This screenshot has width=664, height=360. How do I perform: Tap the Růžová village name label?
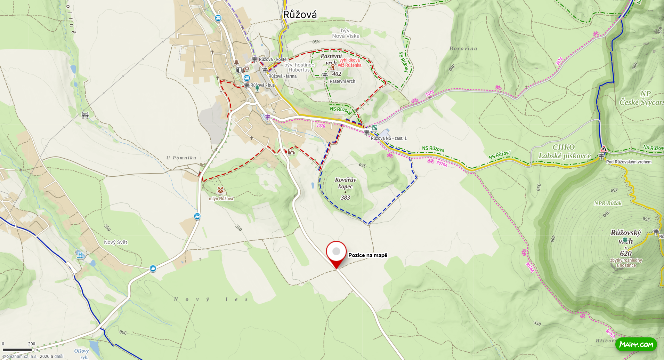point(300,15)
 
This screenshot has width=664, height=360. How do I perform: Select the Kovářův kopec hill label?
point(345,183)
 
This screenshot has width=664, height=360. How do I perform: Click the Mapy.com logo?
point(636,344)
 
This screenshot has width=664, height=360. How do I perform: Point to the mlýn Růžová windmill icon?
point(220,190)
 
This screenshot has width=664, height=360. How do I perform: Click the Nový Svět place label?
point(115,242)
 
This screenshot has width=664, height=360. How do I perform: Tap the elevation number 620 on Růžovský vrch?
point(625,253)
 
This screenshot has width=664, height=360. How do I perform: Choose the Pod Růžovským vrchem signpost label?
point(629,162)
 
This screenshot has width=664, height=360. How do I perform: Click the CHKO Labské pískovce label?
point(564,152)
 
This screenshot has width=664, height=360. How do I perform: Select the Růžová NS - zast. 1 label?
point(388,138)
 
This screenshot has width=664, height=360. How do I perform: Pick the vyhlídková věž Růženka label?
point(350,63)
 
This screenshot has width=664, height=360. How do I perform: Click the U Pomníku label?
point(181,158)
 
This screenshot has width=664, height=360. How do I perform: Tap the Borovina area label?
point(463,49)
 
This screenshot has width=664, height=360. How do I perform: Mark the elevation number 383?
point(345,198)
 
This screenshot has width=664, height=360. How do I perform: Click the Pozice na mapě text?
point(367,255)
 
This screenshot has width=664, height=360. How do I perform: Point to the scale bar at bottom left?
point(17,350)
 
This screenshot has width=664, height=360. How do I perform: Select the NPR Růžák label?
point(608,203)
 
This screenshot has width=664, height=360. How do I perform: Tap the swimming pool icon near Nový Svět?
point(80,255)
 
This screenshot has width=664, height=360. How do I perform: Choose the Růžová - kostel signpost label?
point(273,59)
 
